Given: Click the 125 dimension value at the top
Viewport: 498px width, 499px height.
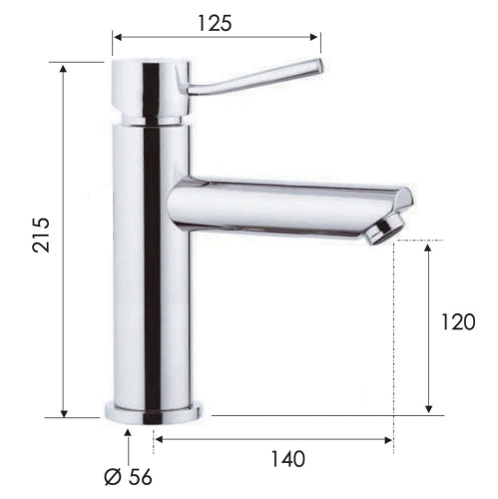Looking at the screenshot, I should point(216,21).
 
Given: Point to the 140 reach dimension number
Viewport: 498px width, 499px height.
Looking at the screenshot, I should point(287,459).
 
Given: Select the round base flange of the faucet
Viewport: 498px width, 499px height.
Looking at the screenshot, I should point(156,410).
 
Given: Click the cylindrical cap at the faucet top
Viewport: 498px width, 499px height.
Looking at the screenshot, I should point(148,91).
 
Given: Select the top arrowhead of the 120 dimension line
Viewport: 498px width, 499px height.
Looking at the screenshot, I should point(428,247).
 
